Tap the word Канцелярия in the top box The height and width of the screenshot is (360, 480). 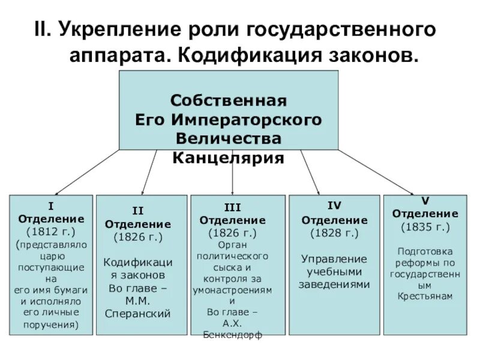[x=228, y=158]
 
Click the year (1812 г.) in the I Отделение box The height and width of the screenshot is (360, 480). [x=51, y=231]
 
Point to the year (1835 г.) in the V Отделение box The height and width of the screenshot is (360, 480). [x=425, y=227]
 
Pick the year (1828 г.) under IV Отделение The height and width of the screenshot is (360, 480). [x=334, y=232]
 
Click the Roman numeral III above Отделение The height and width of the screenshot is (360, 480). [x=232, y=208]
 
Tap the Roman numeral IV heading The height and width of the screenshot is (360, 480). [x=334, y=205]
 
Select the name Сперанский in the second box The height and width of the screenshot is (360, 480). [x=138, y=313]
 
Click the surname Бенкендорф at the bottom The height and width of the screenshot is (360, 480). [x=232, y=335]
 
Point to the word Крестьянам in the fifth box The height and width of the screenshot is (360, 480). [x=425, y=296]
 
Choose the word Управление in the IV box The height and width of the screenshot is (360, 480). [x=334, y=259]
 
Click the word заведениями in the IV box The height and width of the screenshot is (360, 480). [x=334, y=284]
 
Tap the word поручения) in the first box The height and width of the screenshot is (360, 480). [x=51, y=325]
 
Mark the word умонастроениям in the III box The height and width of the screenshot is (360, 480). [x=232, y=289]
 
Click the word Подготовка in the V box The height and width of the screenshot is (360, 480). [x=425, y=251]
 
